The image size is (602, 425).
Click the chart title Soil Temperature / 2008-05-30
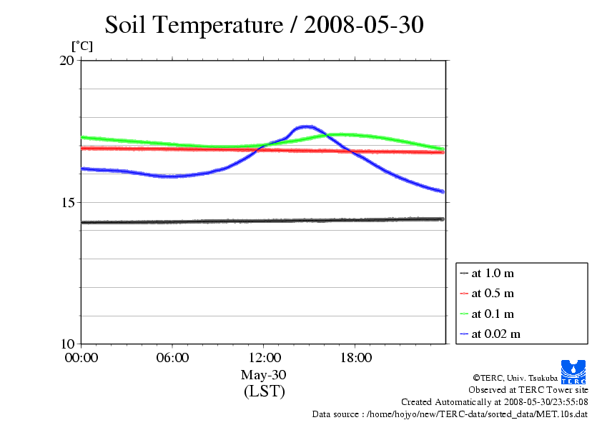(264, 25)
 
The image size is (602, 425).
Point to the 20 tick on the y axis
(66, 61)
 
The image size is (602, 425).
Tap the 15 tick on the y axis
(66, 202)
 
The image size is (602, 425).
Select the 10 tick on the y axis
(66, 344)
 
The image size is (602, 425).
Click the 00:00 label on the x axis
(81, 358)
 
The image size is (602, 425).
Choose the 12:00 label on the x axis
(264, 358)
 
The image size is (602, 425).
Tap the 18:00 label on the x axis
(355, 358)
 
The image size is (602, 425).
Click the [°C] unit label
(82, 46)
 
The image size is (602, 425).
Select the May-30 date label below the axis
(264, 375)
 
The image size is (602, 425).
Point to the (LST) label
(264, 391)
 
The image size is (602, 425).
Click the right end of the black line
(443, 219)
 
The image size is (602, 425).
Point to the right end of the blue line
(443, 191)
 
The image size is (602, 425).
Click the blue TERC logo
(574, 370)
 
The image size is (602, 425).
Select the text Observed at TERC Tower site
(528, 390)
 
